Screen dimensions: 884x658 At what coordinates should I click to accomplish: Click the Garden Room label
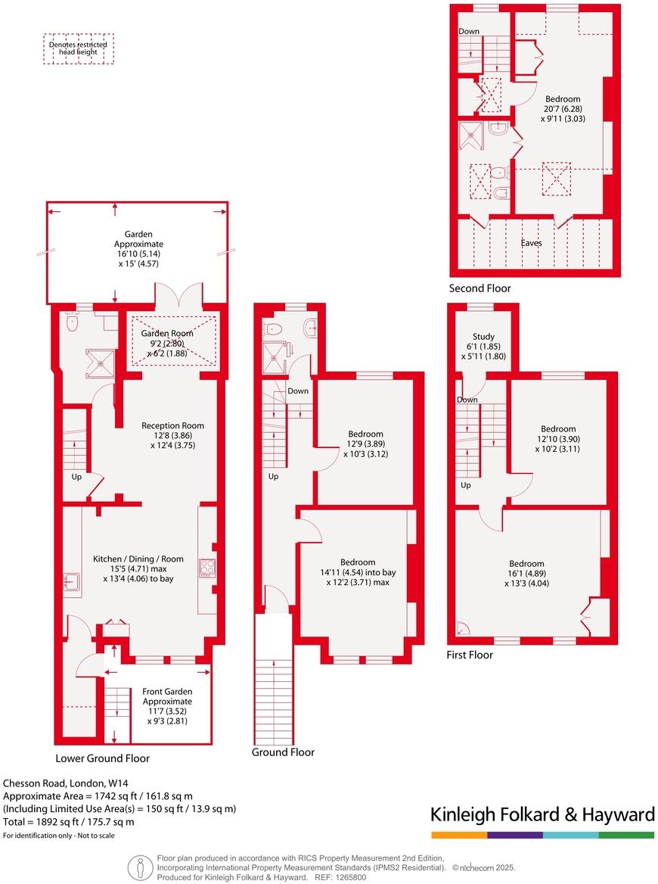click(x=168, y=333)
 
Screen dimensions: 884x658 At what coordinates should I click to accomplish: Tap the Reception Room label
click(x=172, y=425)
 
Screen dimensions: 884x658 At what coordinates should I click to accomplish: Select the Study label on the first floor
click(x=483, y=337)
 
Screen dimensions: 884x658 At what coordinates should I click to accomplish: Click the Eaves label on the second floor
click(x=532, y=244)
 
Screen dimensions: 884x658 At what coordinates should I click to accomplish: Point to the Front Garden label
click(x=168, y=691)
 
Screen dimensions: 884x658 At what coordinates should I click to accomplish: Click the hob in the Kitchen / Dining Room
click(x=206, y=568)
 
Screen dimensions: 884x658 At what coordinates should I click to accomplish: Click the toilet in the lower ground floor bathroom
click(x=73, y=323)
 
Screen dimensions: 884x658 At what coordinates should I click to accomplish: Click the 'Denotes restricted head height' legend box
click(x=78, y=48)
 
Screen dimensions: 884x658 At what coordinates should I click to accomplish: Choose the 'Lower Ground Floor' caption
click(x=102, y=758)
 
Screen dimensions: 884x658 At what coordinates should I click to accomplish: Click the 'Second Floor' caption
click(x=480, y=288)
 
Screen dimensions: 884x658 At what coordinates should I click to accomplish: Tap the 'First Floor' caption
click(x=470, y=655)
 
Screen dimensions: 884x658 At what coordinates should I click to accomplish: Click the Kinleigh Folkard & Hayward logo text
click(x=542, y=814)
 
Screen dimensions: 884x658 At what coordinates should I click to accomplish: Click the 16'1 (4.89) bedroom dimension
click(x=526, y=574)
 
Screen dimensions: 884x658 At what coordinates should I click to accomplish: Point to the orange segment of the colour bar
click(x=458, y=835)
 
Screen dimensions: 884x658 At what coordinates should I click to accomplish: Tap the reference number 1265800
click(x=349, y=877)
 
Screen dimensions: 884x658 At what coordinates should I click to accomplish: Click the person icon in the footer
click(x=138, y=867)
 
